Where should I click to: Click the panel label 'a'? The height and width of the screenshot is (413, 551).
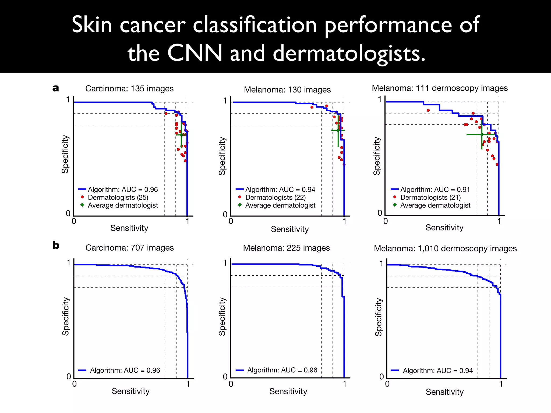point(56,88)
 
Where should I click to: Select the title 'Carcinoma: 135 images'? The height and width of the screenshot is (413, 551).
point(129,88)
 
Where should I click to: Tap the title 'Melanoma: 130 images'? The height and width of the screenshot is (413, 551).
point(287,90)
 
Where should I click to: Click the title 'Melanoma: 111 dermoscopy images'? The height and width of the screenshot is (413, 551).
point(440,88)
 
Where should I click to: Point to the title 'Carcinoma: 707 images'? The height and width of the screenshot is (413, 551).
point(129,248)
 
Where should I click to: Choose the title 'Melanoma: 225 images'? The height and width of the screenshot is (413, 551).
point(286,248)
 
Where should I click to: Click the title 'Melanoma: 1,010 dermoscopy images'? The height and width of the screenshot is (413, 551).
point(445,248)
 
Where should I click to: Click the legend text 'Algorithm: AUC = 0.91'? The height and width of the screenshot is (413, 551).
point(435,190)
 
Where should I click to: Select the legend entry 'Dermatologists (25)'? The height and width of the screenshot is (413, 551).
point(118,197)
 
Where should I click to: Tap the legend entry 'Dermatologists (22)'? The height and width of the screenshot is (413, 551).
point(275,197)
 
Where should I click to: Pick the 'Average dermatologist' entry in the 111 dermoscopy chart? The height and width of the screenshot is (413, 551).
point(435,205)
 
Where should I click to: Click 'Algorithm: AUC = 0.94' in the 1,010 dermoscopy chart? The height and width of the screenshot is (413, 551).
point(437,371)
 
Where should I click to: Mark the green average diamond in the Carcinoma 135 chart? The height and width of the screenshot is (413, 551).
point(181,135)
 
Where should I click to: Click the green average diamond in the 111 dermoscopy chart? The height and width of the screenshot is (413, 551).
point(482,134)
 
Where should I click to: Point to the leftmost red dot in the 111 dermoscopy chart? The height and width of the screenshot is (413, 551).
point(428,110)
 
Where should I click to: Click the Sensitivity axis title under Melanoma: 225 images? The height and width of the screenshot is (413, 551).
point(288,391)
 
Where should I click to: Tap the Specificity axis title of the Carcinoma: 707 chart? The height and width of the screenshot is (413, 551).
point(66,316)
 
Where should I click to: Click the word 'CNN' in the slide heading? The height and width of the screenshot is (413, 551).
point(195,53)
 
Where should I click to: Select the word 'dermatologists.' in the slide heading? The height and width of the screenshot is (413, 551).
point(349,53)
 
